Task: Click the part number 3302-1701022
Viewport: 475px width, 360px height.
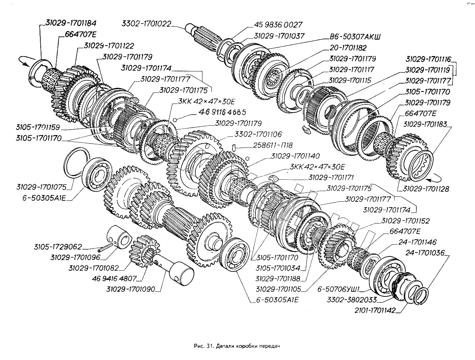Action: (146, 24)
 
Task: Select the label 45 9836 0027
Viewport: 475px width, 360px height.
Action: (278, 25)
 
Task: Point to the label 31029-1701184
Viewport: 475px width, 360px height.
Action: (71, 23)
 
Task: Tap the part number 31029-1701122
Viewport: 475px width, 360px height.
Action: (109, 46)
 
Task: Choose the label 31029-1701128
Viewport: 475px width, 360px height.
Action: (426, 189)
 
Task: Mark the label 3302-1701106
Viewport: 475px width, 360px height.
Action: (258, 134)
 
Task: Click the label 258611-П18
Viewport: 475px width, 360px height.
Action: (273, 145)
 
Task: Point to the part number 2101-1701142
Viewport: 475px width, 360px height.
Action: (375, 310)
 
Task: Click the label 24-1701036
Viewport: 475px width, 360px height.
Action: (425, 253)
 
